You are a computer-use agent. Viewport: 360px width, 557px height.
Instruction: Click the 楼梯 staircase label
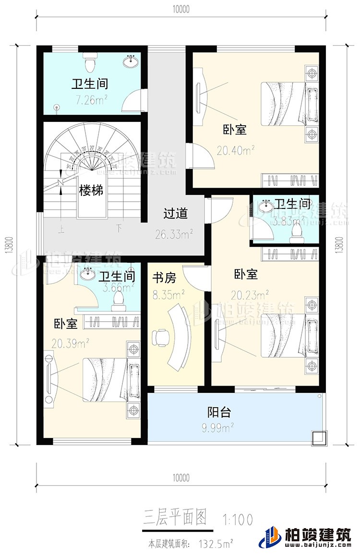91,191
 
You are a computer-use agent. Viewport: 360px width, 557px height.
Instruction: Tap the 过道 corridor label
175,213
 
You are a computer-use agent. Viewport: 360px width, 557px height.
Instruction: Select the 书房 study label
164,278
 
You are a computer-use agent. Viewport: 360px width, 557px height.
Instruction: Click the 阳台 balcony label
219,412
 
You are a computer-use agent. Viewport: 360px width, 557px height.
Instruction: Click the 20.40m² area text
235,151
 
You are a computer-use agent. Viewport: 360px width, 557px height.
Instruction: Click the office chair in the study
159,338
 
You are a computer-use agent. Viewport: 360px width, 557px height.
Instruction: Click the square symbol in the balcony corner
317,437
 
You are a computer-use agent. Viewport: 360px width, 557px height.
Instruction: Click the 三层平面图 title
175,518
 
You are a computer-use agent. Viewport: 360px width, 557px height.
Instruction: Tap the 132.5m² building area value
217,544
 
